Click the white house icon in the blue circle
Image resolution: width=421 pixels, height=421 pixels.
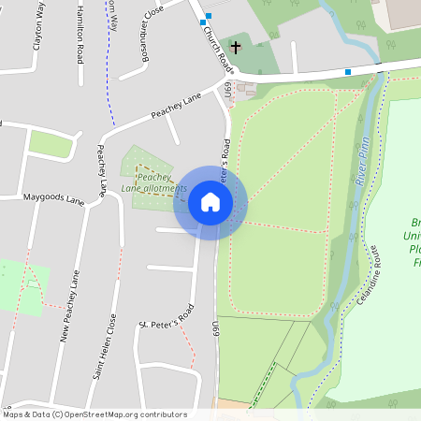(210, 202)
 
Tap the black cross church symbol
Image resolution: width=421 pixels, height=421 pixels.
(235, 46)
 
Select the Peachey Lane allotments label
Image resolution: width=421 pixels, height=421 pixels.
(147, 182)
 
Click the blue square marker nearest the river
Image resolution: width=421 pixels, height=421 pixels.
(348, 71)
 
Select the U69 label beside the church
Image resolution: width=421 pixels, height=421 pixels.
(226, 91)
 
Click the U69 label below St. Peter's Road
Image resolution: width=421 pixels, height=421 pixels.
(215, 329)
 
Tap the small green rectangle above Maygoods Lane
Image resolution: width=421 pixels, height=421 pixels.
(51, 143)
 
